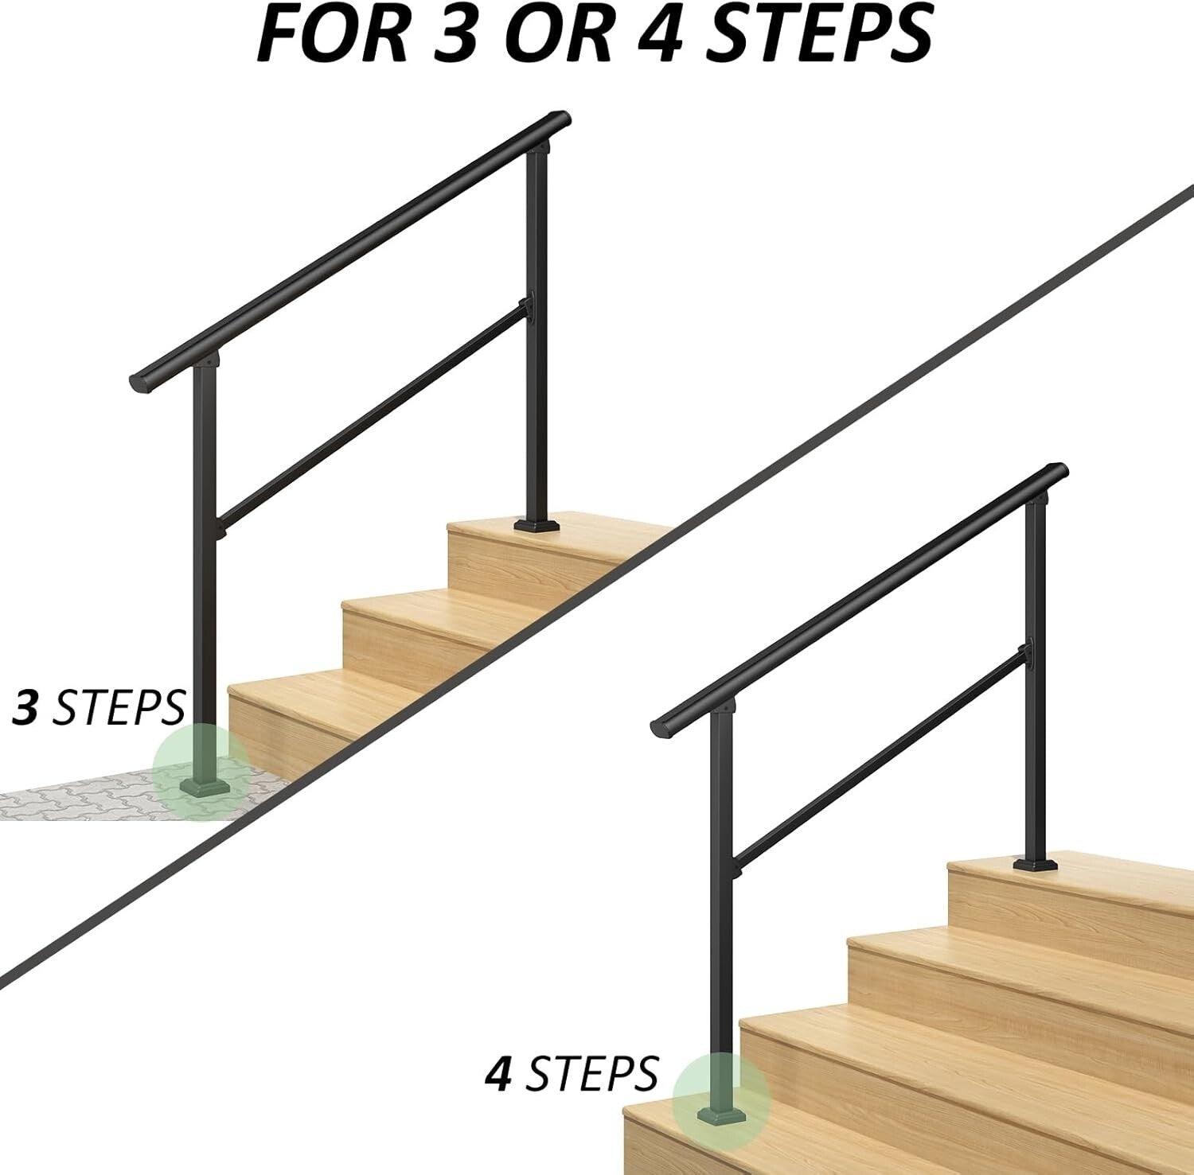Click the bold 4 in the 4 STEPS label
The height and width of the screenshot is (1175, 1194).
pos(497,1073)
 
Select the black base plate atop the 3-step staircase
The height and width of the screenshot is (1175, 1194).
pos(539,525)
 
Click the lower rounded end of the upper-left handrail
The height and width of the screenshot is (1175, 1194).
pos(137,382)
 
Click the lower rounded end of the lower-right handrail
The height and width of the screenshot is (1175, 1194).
pos(659,726)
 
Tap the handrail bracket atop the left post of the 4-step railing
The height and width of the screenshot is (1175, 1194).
pos(725,706)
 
